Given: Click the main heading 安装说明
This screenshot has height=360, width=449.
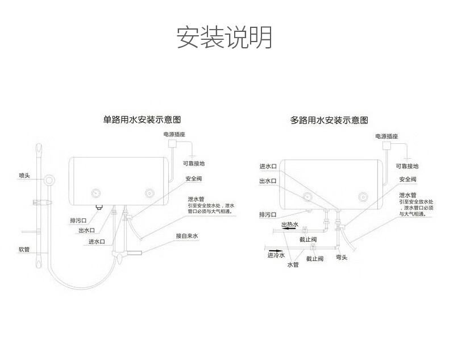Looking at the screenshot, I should [224, 37].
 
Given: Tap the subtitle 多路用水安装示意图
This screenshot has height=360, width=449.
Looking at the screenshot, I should [329, 120].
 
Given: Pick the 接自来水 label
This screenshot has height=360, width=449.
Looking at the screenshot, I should [186, 235].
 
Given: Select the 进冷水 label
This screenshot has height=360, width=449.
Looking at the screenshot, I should [276, 255].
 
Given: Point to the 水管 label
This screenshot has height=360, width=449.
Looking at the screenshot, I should [293, 265].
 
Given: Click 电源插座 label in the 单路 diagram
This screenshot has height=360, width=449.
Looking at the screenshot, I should [174, 135].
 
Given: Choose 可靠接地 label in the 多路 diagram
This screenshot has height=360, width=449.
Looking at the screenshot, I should [408, 166].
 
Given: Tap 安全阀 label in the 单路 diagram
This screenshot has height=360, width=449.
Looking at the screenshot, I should [193, 179].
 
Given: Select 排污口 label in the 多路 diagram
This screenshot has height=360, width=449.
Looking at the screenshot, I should [267, 215].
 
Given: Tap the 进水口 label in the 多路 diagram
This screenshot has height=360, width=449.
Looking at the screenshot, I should [268, 166].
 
